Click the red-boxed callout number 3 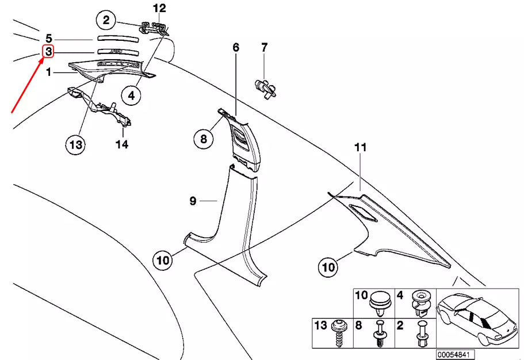tap(49, 52)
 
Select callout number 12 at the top tap(159, 8)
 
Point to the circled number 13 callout tap(76, 144)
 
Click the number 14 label tap(122, 144)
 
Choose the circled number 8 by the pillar tap(203, 139)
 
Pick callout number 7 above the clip tap(265, 47)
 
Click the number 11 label tap(360, 148)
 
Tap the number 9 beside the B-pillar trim tap(193, 201)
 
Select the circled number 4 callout tap(132, 95)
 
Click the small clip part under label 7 tap(265, 87)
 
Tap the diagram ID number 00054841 tap(455, 354)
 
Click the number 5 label tap(49, 39)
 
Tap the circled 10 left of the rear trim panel tap(328, 267)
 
